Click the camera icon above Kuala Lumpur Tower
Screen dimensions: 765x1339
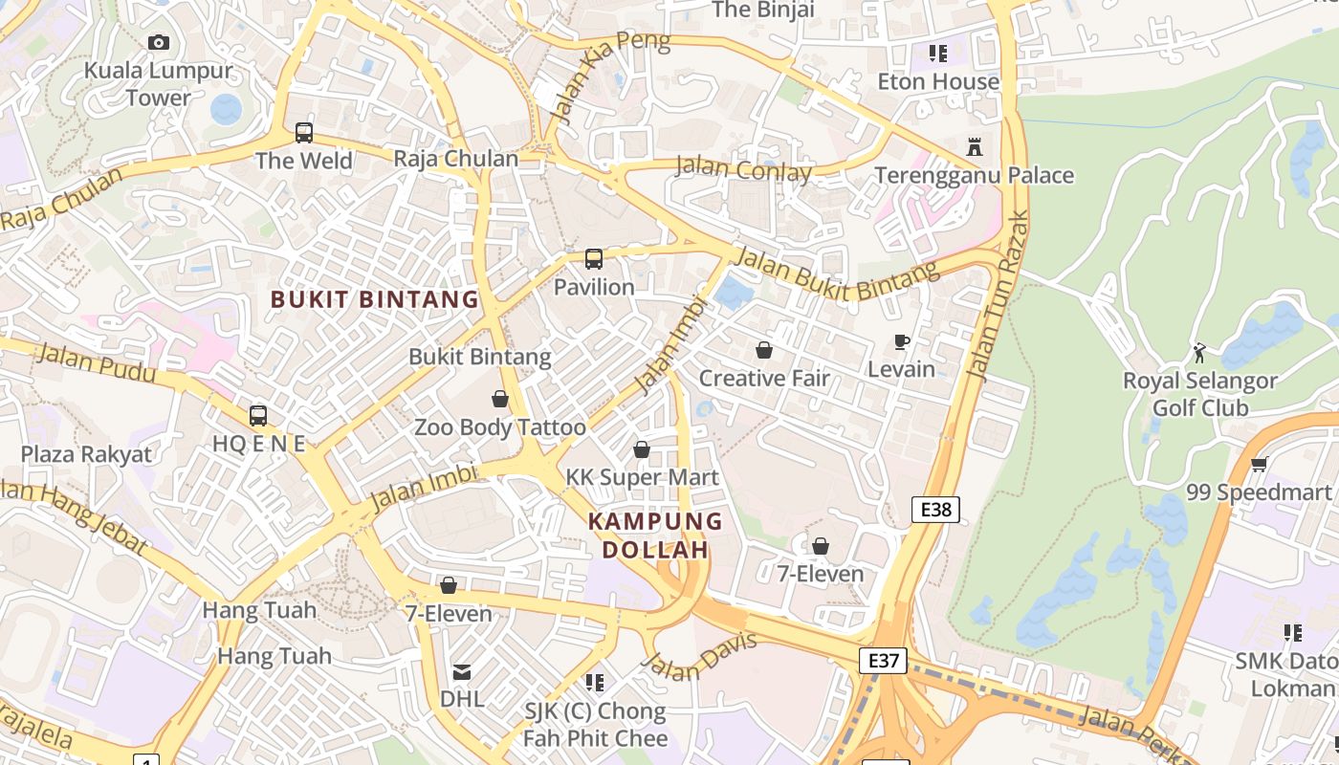pyautogui.click(x=159, y=42)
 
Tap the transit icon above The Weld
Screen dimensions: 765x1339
pyautogui.click(x=304, y=133)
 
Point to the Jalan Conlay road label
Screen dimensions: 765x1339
pyautogui.click(x=743, y=169)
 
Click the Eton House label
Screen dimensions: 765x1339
pyautogui.click(x=937, y=82)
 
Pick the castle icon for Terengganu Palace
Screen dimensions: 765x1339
pyautogui.click(x=975, y=147)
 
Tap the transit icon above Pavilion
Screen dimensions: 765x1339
pyautogui.click(x=594, y=259)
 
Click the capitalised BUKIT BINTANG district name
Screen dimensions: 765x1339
pyautogui.click(x=375, y=299)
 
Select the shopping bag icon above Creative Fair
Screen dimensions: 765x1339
pyautogui.click(x=763, y=350)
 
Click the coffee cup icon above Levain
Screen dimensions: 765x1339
pyautogui.click(x=901, y=341)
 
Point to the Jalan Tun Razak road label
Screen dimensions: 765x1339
pyautogui.click(x=999, y=295)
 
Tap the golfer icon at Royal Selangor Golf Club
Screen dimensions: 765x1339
pyautogui.click(x=1199, y=353)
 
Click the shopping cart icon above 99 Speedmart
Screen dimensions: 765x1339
pyautogui.click(x=1259, y=465)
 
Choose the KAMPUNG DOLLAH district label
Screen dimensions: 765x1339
pyautogui.click(x=655, y=535)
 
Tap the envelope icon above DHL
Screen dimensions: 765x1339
pyautogui.click(x=462, y=672)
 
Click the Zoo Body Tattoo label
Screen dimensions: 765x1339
pyautogui.click(x=499, y=427)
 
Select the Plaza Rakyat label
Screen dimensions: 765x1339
pyautogui.click(x=87, y=454)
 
